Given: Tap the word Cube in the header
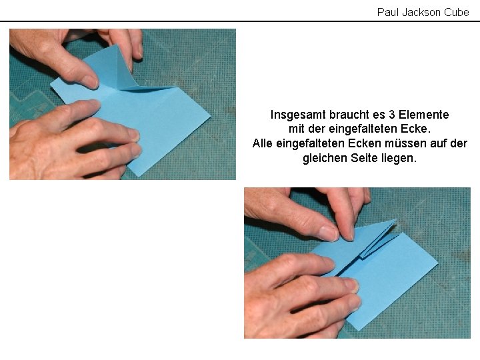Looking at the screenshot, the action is [x=457, y=12].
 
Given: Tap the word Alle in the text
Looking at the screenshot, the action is [x=263, y=143].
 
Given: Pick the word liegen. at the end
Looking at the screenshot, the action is [x=399, y=158].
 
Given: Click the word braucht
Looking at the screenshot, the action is [x=349, y=115].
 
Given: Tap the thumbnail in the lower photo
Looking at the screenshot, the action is [x=328, y=233].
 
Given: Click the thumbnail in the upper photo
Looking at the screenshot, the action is [x=91, y=82].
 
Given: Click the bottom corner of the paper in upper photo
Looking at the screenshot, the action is [x=139, y=176].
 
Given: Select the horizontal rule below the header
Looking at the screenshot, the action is [x=240, y=21].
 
